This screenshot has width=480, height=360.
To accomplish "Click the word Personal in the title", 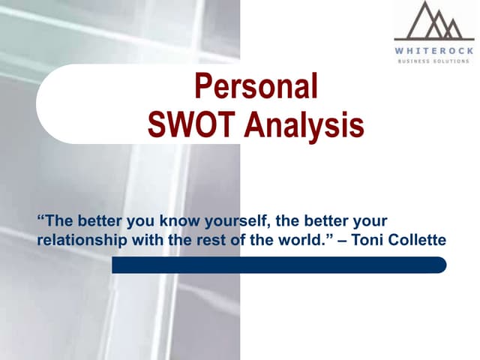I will click(x=256, y=88).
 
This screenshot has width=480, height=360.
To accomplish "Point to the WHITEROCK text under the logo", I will click(x=434, y=50).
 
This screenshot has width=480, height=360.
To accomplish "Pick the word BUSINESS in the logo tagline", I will click(x=416, y=61).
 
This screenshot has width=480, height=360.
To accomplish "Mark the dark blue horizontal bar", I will click(x=279, y=265).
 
